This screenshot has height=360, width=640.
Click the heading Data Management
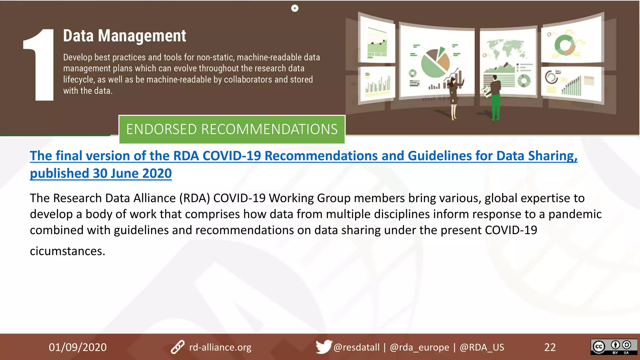pyautogui.click(x=124, y=36)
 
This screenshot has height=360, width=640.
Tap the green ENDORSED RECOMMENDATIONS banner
pyautogui.click(x=232, y=129)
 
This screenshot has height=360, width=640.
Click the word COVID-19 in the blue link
pyautogui.click(x=232, y=156)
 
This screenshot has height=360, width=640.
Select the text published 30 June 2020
pyautogui.click(x=101, y=173)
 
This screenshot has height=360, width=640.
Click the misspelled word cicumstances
pyautogui.click(x=67, y=251)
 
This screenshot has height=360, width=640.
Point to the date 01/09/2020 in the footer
pyautogui.click(x=77, y=347)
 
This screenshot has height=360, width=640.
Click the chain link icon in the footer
pyautogui.click(x=177, y=347)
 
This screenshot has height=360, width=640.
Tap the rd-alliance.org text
pyautogui.click(x=220, y=347)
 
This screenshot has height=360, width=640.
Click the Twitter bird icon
pyautogui.click(x=323, y=347)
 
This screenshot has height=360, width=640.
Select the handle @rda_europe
pyautogui.click(x=419, y=347)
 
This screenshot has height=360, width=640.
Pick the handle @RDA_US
pyautogui.click(x=482, y=347)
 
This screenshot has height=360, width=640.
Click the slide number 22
pyautogui.click(x=550, y=347)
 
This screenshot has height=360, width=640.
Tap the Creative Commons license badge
pyautogui.click(x=613, y=347)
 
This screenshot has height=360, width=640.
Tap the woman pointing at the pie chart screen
pyautogui.click(x=453, y=97)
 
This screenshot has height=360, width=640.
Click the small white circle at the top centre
pyautogui.click(x=295, y=8)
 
